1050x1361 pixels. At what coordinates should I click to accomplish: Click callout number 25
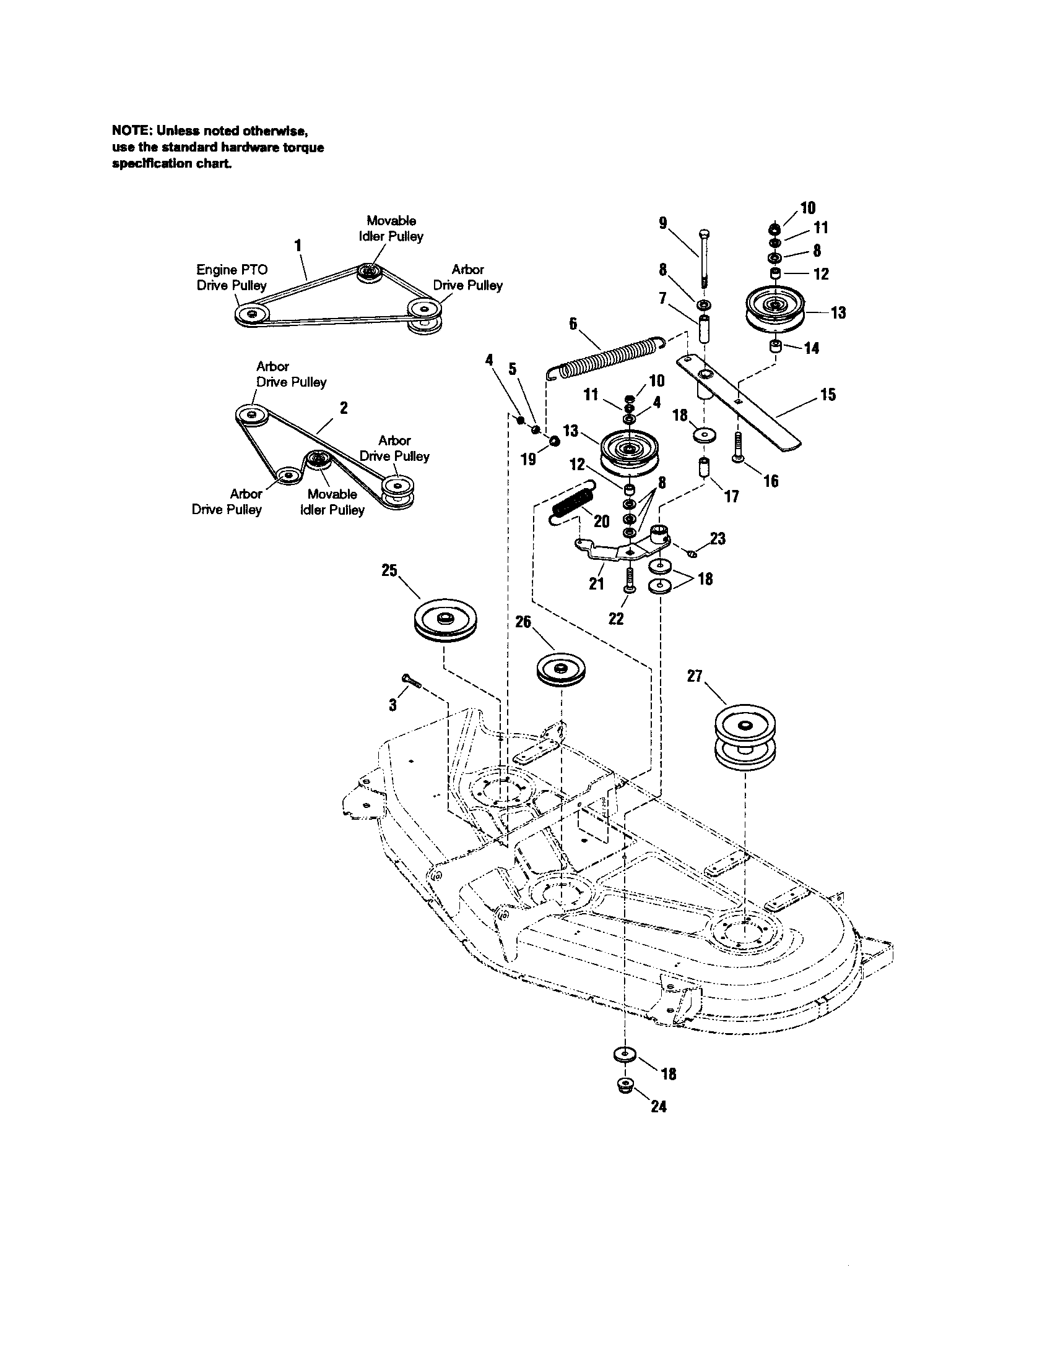389,571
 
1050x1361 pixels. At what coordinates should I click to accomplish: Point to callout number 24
659,1106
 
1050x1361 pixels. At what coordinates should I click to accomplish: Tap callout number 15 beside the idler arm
827,395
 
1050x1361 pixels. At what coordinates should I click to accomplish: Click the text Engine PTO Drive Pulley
232,277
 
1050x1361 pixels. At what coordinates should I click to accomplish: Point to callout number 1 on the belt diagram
298,246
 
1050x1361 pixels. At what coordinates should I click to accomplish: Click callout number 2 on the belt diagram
344,408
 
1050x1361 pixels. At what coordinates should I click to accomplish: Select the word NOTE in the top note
130,131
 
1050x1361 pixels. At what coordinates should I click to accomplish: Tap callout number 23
718,538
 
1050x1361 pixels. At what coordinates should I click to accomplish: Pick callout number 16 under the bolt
771,481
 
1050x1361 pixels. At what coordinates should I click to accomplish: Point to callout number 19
528,459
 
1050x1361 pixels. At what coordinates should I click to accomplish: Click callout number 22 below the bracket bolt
615,618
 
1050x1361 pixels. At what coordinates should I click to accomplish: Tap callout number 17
731,496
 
